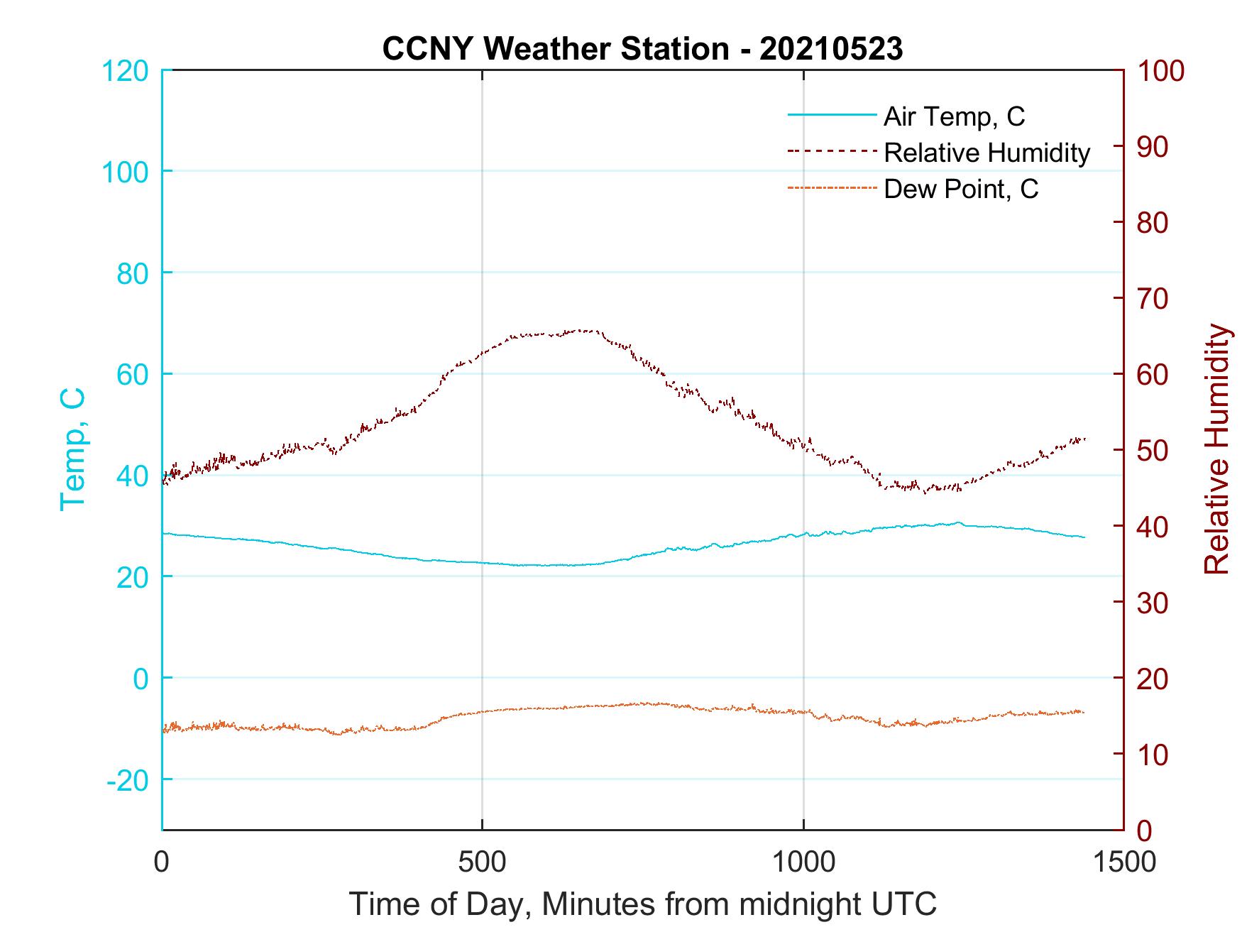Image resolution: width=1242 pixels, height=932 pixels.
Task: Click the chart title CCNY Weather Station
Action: click(642, 48)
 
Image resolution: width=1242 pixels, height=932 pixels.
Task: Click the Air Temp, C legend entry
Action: click(954, 116)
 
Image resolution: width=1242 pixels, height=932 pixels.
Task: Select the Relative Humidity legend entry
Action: click(987, 153)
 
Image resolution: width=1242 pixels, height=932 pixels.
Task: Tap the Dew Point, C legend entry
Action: click(961, 190)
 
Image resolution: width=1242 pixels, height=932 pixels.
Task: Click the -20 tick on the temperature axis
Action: click(128, 780)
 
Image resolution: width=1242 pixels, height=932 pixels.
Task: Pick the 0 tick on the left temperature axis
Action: click(142, 679)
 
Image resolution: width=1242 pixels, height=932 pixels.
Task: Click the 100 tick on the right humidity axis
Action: click(1160, 71)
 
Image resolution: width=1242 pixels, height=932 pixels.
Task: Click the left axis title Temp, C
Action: click(72, 449)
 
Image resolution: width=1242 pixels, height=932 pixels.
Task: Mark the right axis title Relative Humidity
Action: click(1216, 449)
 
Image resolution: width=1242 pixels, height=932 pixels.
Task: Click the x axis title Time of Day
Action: click(642, 904)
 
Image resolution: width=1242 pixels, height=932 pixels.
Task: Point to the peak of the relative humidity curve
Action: click(582, 330)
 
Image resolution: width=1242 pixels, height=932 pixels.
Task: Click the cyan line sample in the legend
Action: click(831, 115)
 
